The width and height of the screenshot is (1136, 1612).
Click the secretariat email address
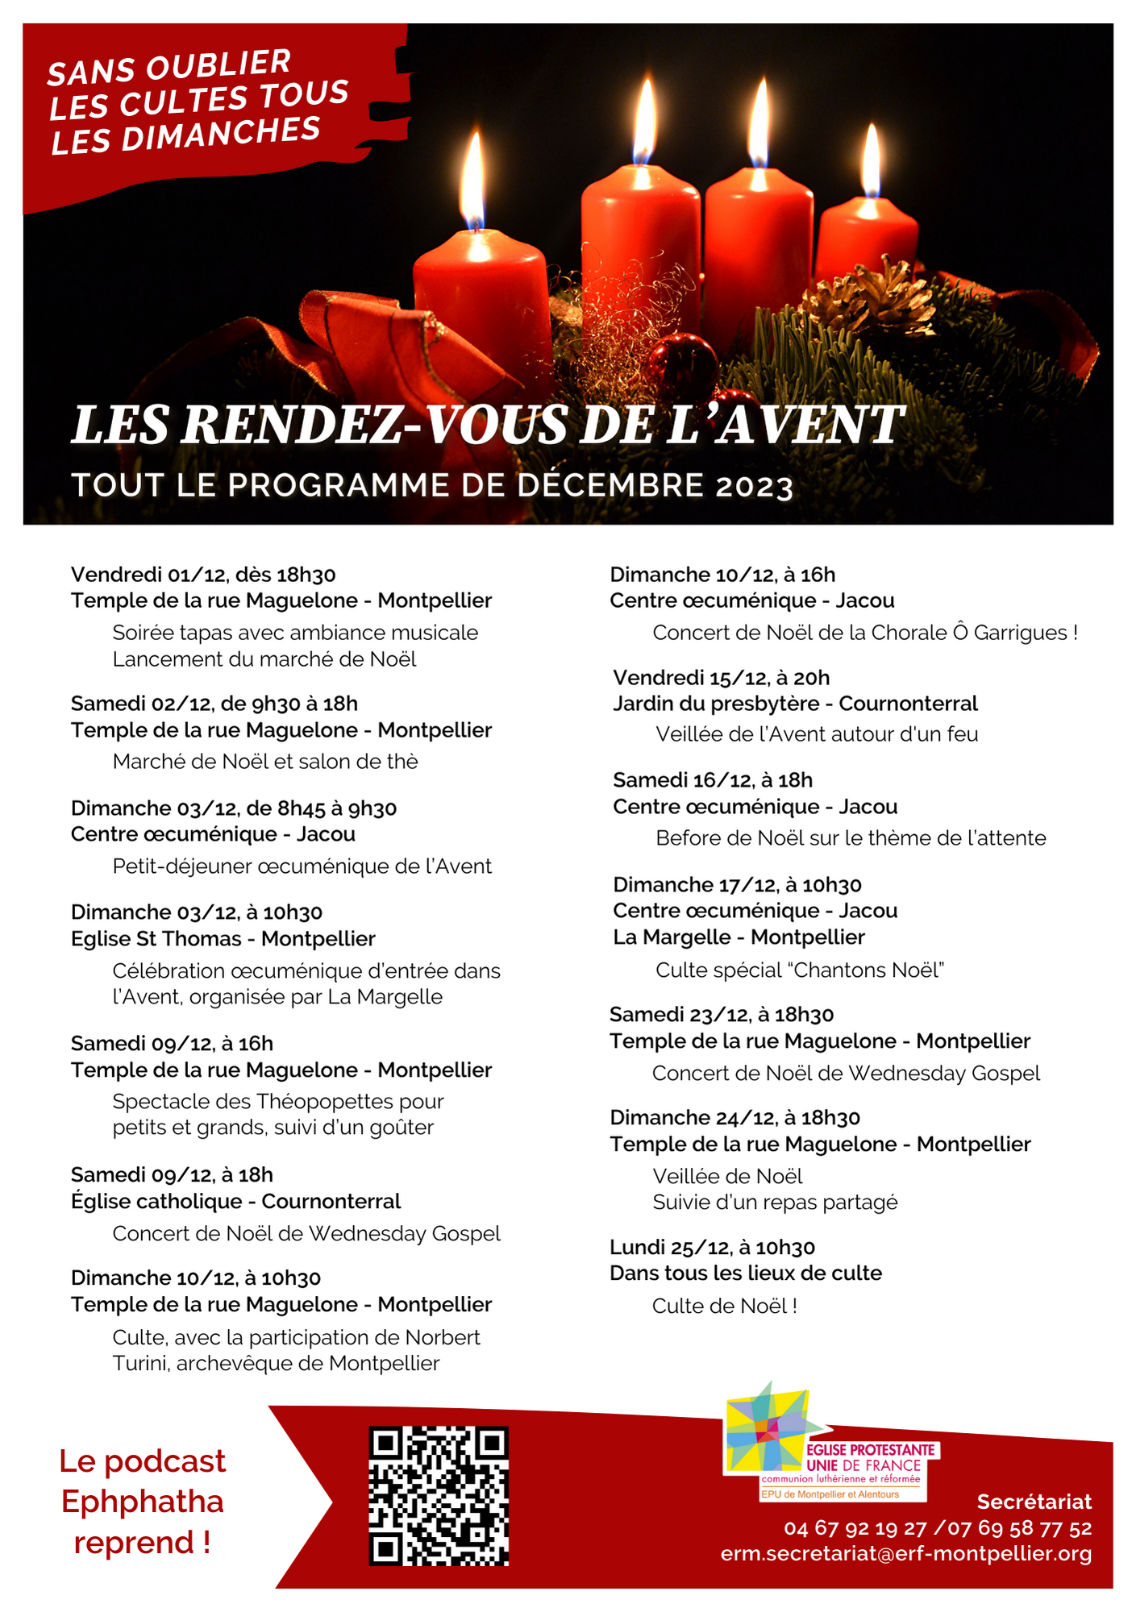(x=906, y=1553)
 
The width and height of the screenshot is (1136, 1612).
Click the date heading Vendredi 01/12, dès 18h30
(x=203, y=575)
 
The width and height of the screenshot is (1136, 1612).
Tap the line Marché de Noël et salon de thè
(x=265, y=762)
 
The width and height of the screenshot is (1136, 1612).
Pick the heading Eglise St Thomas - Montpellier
(x=223, y=939)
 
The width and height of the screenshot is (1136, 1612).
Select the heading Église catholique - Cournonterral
(x=235, y=1202)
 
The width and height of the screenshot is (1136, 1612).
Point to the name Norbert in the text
(x=443, y=1337)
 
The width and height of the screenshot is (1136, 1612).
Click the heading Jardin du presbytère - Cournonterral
(x=795, y=704)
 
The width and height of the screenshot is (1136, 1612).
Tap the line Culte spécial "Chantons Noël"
(x=799, y=970)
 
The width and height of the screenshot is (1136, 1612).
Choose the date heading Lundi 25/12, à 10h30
(x=712, y=1248)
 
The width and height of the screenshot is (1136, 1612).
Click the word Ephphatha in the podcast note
(x=143, y=1502)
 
